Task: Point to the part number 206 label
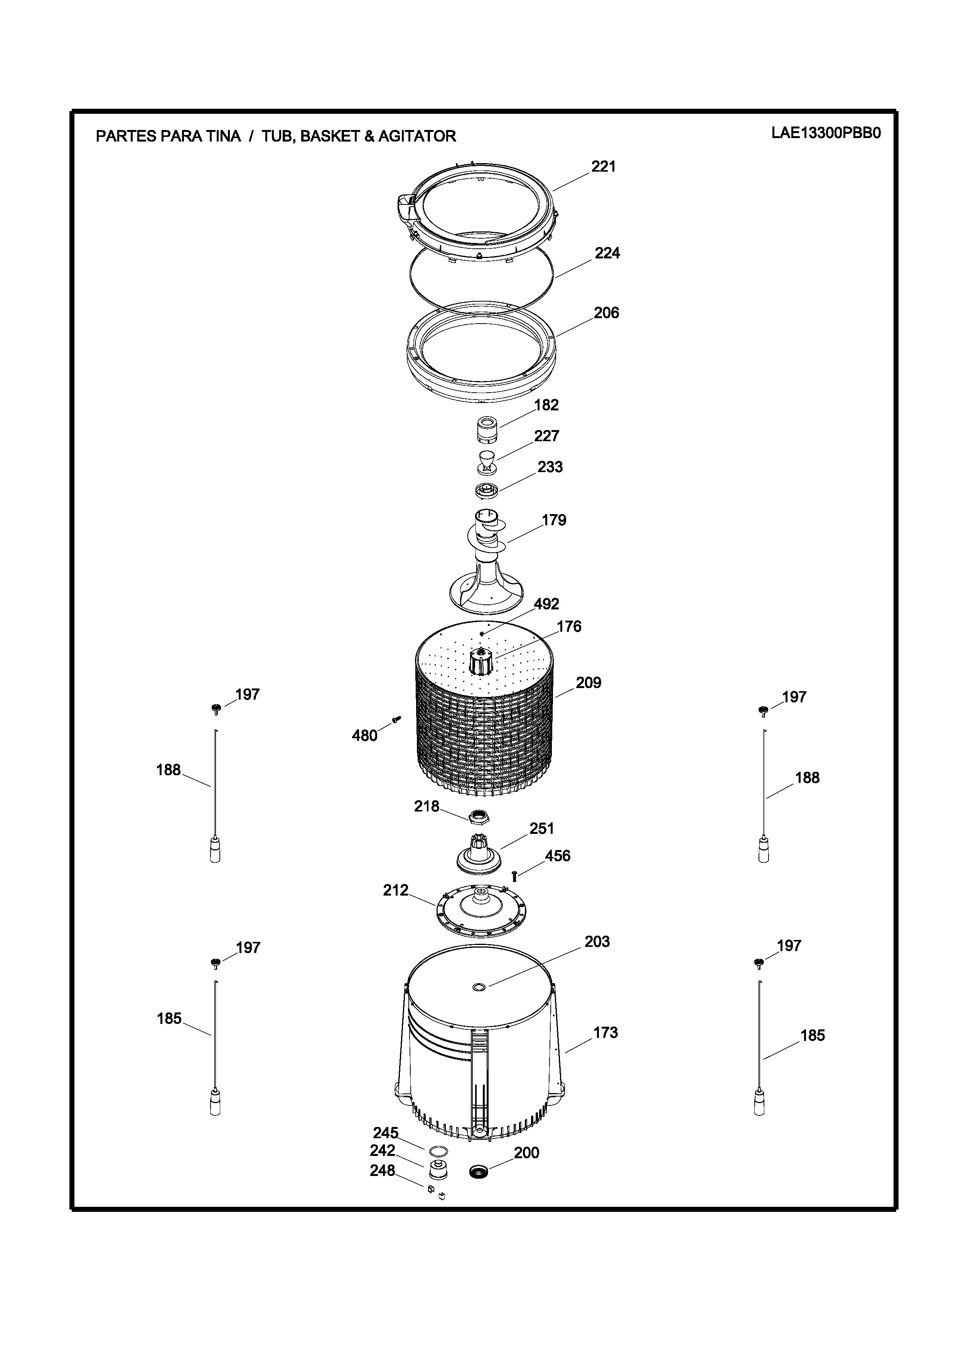606,313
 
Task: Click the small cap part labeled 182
487,431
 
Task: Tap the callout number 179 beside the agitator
554,520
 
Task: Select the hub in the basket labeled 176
481,661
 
